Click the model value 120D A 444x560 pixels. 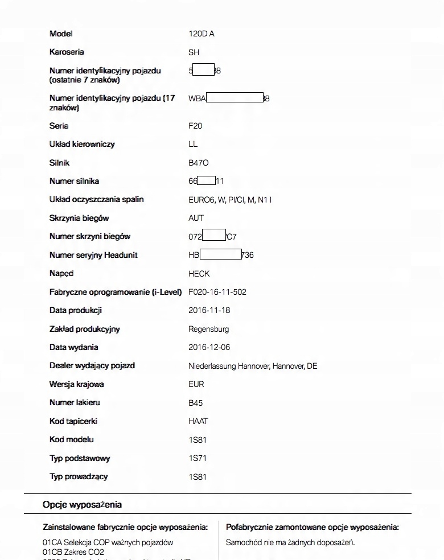tap(202, 34)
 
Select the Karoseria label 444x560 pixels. tap(67, 52)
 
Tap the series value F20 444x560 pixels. tap(195, 126)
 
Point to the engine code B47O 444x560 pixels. tap(199, 163)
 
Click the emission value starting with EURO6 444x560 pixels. tap(230, 200)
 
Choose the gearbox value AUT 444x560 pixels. tap(196, 218)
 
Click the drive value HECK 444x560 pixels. tap(199, 274)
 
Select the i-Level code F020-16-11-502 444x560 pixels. tap(217, 292)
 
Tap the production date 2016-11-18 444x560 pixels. tap(209, 311)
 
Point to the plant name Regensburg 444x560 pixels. tap(209, 329)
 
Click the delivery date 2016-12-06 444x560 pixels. tap(209, 347)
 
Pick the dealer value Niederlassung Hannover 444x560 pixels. tap(253, 366)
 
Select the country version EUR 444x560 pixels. tap(196, 384)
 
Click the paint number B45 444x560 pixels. tap(195, 403)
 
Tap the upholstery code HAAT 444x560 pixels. tap(198, 421)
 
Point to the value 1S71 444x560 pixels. tap(198, 458)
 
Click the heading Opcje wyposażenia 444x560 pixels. tap(82, 504)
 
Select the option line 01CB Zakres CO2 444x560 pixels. tap(73, 551)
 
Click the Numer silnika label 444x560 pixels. tap(74, 181)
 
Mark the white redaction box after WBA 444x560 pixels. tap(235, 98)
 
